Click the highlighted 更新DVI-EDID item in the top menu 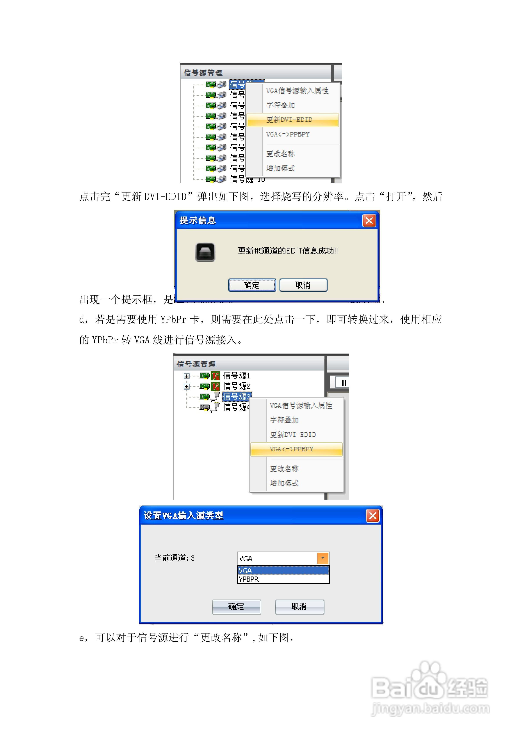[x=292, y=120]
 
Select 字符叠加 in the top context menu [x=280, y=105]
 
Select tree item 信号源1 [x=236, y=375]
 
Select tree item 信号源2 [x=236, y=386]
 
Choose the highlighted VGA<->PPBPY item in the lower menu [x=296, y=449]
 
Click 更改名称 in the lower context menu [x=284, y=469]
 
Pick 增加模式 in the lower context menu [x=284, y=483]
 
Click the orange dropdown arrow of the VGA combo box [x=322, y=558]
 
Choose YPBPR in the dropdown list [x=249, y=579]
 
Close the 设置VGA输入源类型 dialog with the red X [x=372, y=516]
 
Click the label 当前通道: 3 [x=174, y=558]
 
